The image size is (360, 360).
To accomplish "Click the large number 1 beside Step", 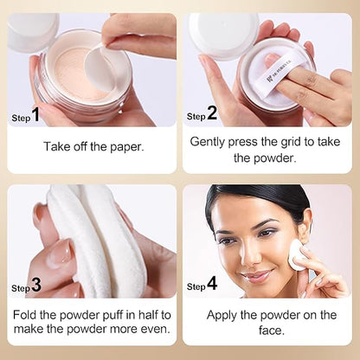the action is pyautogui.click(x=35, y=114).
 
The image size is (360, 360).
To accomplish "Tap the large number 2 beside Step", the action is pyautogui.click(x=212, y=112).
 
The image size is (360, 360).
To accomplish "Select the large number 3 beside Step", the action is pyautogui.click(x=36, y=285).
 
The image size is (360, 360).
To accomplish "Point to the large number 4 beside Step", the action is pyautogui.click(x=212, y=283).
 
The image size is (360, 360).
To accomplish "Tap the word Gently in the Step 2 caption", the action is pyautogui.click(x=207, y=143).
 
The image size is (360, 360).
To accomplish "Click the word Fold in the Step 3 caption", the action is pyautogui.click(x=25, y=314).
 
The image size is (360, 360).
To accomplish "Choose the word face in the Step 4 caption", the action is pyautogui.click(x=272, y=331).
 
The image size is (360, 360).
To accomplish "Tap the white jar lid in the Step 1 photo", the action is pyautogui.click(x=32, y=32).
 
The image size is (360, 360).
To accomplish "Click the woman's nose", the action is pyautogui.click(x=250, y=254).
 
